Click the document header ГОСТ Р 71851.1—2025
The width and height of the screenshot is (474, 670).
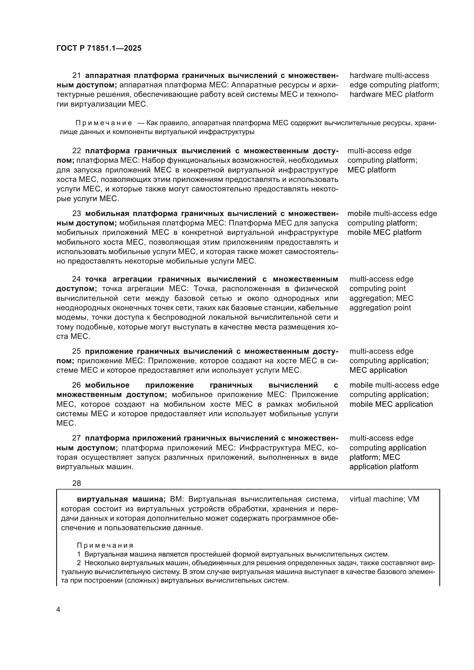[x=99, y=48]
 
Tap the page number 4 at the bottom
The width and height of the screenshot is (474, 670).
[x=58, y=610]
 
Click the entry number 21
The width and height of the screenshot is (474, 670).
[x=77, y=76]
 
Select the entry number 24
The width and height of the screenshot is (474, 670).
[x=77, y=279]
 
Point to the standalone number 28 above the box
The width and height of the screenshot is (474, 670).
[x=77, y=483]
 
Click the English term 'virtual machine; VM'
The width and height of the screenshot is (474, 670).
[x=384, y=499]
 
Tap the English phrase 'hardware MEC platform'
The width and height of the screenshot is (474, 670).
[x=391, y=95]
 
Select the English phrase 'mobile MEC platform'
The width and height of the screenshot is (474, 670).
[x=384, y=233]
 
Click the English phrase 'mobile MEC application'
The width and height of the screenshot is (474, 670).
[x=391, y=404]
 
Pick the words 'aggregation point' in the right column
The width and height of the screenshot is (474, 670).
[x=380, y=308]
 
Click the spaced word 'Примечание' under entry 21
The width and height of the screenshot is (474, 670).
[x=104, y=123]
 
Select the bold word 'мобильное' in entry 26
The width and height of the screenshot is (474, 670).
[x=107, y=385]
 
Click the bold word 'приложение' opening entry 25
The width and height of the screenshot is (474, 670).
[x=109, y=351]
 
